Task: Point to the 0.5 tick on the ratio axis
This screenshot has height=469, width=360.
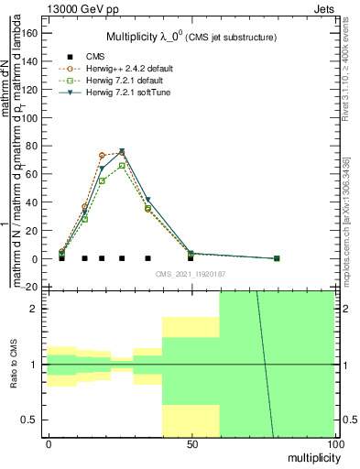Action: [x=28, y=420]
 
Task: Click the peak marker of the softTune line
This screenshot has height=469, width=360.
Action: [x=122, y=152]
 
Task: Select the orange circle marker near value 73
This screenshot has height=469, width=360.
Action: [x=102, y=156]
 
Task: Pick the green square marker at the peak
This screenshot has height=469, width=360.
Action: [x=122, y=165]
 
